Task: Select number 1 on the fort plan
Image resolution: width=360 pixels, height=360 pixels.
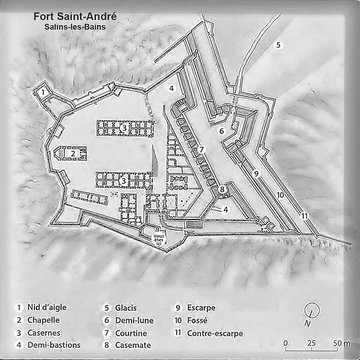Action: click(43, 93)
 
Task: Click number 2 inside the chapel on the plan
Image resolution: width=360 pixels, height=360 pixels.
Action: click(59, 153)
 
